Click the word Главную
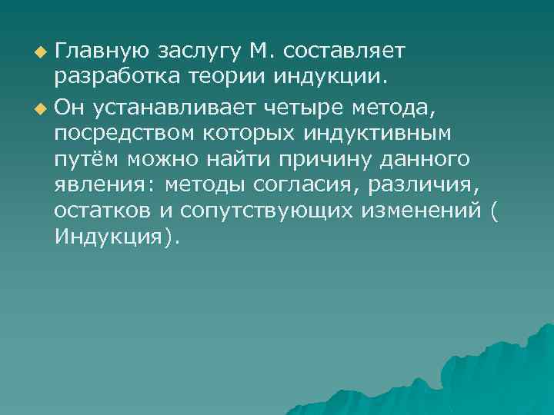tap(103, 51)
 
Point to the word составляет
tap(345, 51)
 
